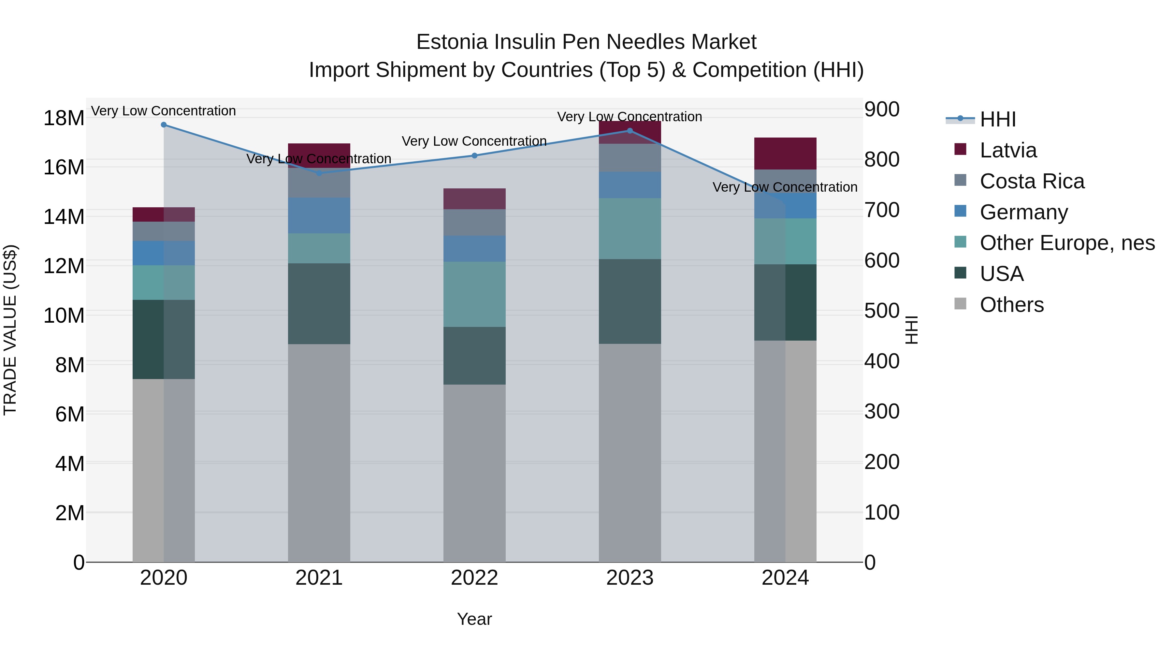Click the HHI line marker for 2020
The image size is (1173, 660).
(x=164, y=125)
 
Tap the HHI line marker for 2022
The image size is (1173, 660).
(x=474, y=156)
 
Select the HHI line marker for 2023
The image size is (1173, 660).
(x=630, y=131)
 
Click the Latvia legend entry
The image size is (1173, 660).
(x=1008, y=150)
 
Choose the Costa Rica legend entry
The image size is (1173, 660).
(x=1032, y=181)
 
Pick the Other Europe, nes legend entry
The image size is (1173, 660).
(x=1067, y=243)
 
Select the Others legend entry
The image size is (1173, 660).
(x=1011, y=305)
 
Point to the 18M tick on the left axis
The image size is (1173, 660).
(x=64, y=118)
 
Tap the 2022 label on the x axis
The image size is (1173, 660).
(x=474, y=578)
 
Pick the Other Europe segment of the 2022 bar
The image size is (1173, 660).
(x=474, y=294)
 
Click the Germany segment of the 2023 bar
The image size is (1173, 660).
(x=630, y=185)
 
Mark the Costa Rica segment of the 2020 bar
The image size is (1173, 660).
(x=164, y=231)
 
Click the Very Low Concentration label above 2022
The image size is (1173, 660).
(x=474, y=141)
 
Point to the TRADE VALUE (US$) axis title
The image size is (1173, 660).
(x=10, y=330)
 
